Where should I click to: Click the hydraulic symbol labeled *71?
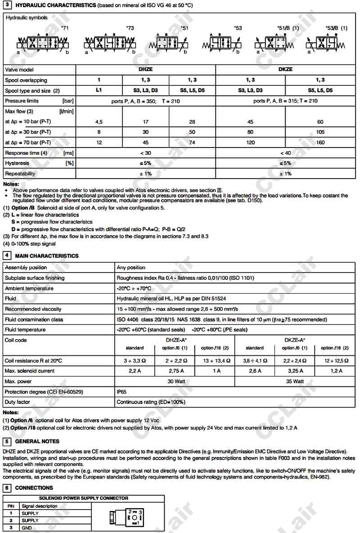click(x=43, y=44)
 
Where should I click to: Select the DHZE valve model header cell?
click(x=146, y=70)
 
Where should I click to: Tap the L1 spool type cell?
click(x=99, y=90)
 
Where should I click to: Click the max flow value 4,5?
click(x=99, y=122)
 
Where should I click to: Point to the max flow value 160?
click(x=320, y=143)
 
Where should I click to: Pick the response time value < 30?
click(x=146, y=153)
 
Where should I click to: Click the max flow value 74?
click(x=192, y=143)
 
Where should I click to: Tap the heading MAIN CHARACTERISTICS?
click(x=47, y=256)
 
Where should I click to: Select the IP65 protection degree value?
click(x=122, y=392)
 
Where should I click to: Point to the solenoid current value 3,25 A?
click(x=295, y=371)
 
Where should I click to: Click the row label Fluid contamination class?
click(x=34, y=320)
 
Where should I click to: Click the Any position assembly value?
click(x=131, y=268)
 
